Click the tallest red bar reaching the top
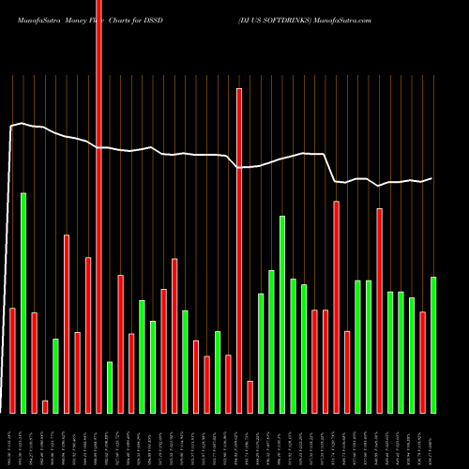[98, 206]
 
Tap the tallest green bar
[23, 302]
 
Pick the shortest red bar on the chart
[45, 406]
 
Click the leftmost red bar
[13, 360]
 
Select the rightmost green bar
[433, 344]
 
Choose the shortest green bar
[110, 386]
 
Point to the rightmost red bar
[423, 362]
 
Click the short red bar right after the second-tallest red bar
[250, 397]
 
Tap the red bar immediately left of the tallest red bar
[88, 335]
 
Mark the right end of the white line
[432, 178]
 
